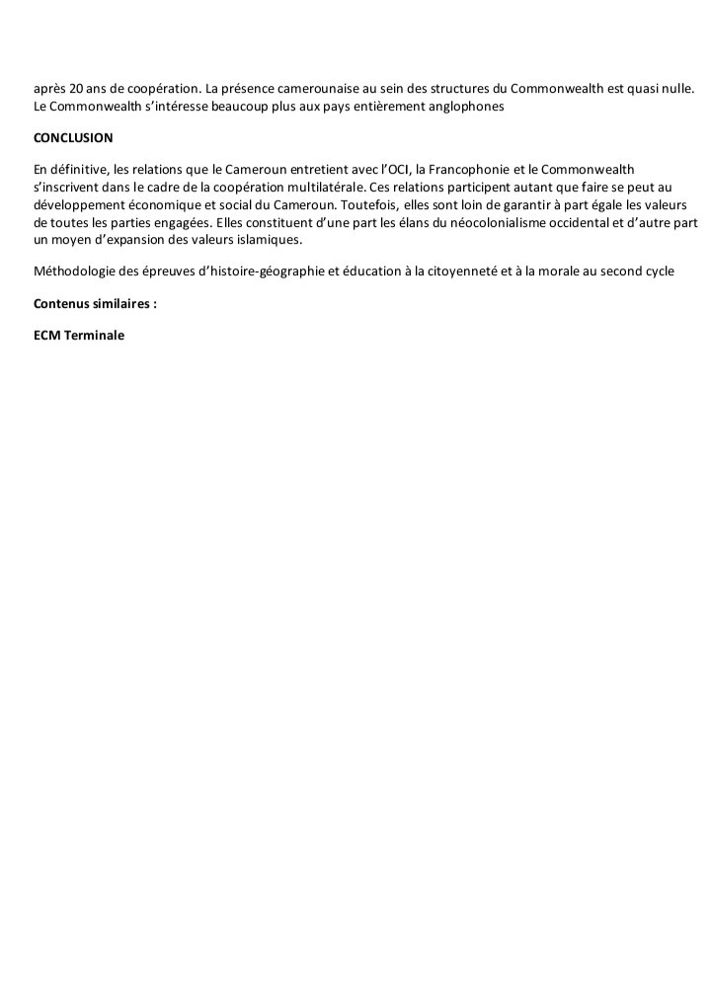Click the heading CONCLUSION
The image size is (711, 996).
[x=73, y=137]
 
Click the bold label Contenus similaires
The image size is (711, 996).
[x=95, y=303]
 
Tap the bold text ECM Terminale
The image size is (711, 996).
[x=79, y=335]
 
